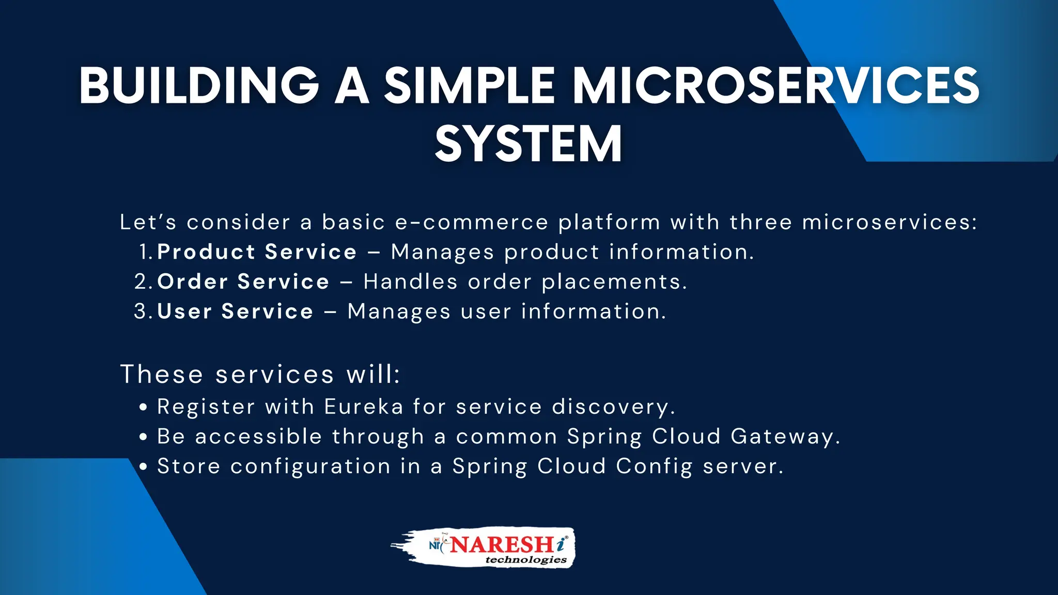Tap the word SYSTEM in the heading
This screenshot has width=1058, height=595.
pos(528,144)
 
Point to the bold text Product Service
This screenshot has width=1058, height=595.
pos(257,252)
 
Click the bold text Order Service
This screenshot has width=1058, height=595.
pos(243,282)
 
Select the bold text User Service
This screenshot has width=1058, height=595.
pos(236,311)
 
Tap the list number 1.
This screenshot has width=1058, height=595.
pos(145,252)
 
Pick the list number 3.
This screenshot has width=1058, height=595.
pos(142,311)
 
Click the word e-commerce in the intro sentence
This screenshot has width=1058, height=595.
pos(471,223)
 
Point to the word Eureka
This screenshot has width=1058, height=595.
pos(364,407)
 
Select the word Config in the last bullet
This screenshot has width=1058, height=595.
pos(654,467)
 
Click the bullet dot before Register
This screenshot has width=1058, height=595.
pos(144,408)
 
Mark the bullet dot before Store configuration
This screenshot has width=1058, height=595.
pos(144,467)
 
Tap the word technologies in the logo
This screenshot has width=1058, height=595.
pos(526,560)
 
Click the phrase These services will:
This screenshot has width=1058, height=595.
pos(260,374)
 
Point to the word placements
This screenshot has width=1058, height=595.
pos(614,282)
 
